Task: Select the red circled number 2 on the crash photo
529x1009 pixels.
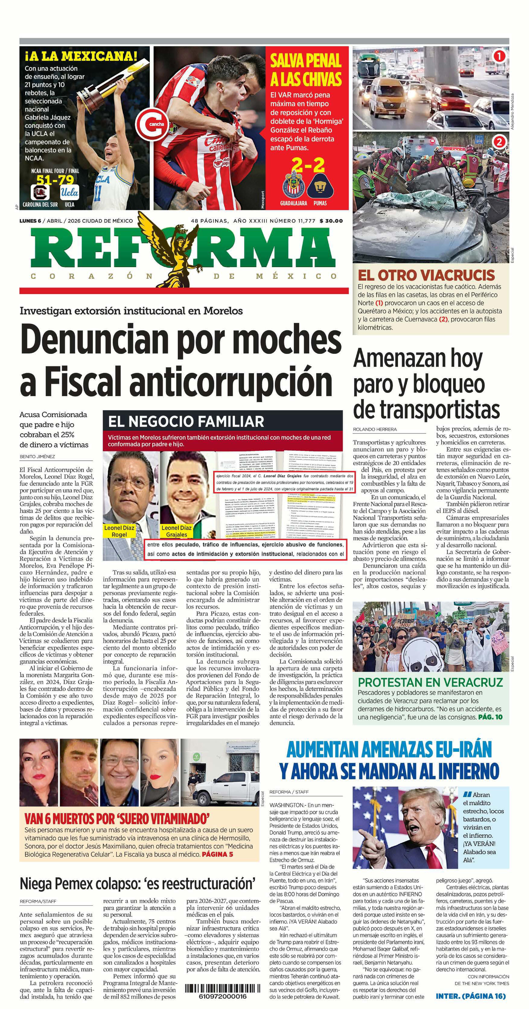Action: point(499,142)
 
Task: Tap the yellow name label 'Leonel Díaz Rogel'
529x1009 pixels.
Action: point(119,531)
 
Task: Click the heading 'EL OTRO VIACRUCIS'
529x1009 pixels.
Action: point(426,275)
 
